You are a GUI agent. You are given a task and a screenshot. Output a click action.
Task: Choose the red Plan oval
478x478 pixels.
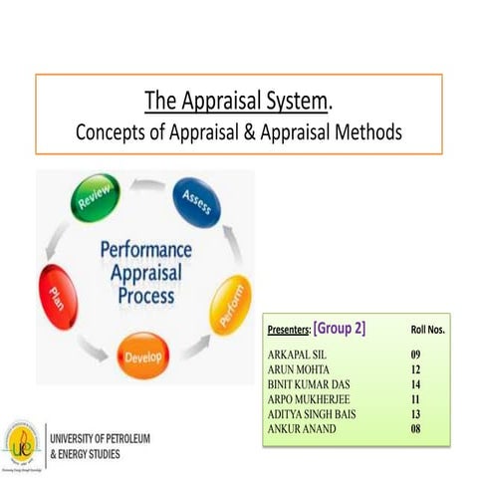pyautogui.click(x=59, y=295)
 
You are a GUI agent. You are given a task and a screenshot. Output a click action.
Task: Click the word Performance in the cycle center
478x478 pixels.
pyautogui.click(x=145, y=250)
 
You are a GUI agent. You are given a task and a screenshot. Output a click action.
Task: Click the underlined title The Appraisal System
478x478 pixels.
pyautogui.click(x=235, y=100)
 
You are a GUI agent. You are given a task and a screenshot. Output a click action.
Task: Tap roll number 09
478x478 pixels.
pyautogui.click(x=418, y=354)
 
